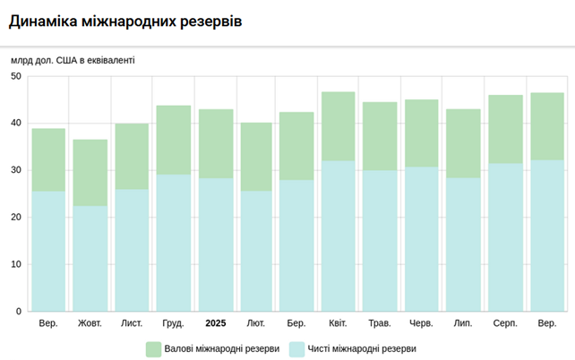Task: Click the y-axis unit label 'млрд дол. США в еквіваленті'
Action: click(73, 60)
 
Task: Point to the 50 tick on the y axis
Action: click(16, 76)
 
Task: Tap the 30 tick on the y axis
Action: click(16, 170)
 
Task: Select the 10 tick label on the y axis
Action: click(16, 264)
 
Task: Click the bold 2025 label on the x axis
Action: click(216, 322)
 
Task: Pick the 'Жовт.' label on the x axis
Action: click(90, 322)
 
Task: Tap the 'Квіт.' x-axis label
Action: click(339, 322)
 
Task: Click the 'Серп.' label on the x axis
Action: click(505, 322)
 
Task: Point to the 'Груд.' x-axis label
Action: click(174, 322)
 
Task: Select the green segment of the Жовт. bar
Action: click(90, 173)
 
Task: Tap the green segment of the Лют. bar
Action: click(256, 157)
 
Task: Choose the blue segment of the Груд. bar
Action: click(174, 243)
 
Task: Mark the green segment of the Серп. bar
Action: click(505, 129)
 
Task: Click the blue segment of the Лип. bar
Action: click(463, 244)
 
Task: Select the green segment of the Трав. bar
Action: click(380, 136)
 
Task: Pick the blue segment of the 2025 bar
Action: click(216, 244)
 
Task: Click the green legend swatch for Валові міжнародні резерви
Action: click(153, 348)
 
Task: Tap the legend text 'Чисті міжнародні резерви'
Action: click(363, 348)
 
